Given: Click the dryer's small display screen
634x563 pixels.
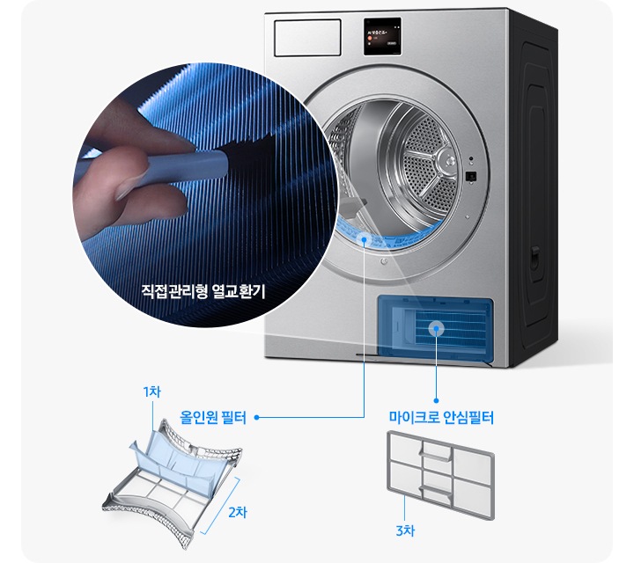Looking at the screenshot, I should pos(381,40).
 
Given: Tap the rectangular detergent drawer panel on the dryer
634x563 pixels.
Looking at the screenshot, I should pos(307,38).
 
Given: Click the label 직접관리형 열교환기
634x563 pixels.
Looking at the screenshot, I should pos(203,289).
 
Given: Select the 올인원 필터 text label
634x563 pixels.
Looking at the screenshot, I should pos(212,417).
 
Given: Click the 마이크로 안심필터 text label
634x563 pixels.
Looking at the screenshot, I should pos(440,418).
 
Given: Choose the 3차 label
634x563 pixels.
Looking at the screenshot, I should pos(405,530).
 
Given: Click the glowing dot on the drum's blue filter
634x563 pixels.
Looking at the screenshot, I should pos(365,238).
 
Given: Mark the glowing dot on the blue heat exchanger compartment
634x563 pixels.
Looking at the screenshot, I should pos(435,328).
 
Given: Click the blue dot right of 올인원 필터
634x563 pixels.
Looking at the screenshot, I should pos(256,418).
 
